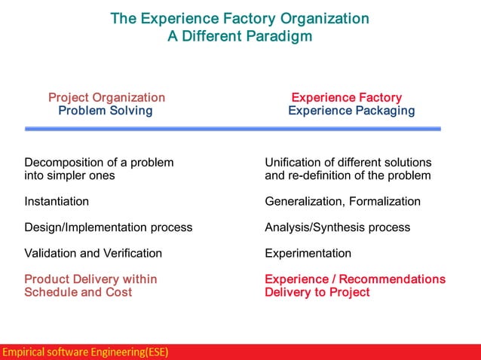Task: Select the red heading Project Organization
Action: point(106,97)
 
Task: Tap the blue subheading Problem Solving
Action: point(106,111)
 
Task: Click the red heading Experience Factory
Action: point(346,97)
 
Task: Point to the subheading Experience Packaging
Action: point(351,111)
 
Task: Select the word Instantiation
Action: point(57,201)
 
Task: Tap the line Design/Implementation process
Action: point(108,227)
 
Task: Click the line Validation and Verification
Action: point(93,253)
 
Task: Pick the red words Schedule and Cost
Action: point(78,292)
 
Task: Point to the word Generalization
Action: point(303,201)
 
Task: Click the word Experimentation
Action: point(308,253)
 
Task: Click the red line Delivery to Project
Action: point(317,292)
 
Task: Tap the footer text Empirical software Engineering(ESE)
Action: point(85,352)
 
